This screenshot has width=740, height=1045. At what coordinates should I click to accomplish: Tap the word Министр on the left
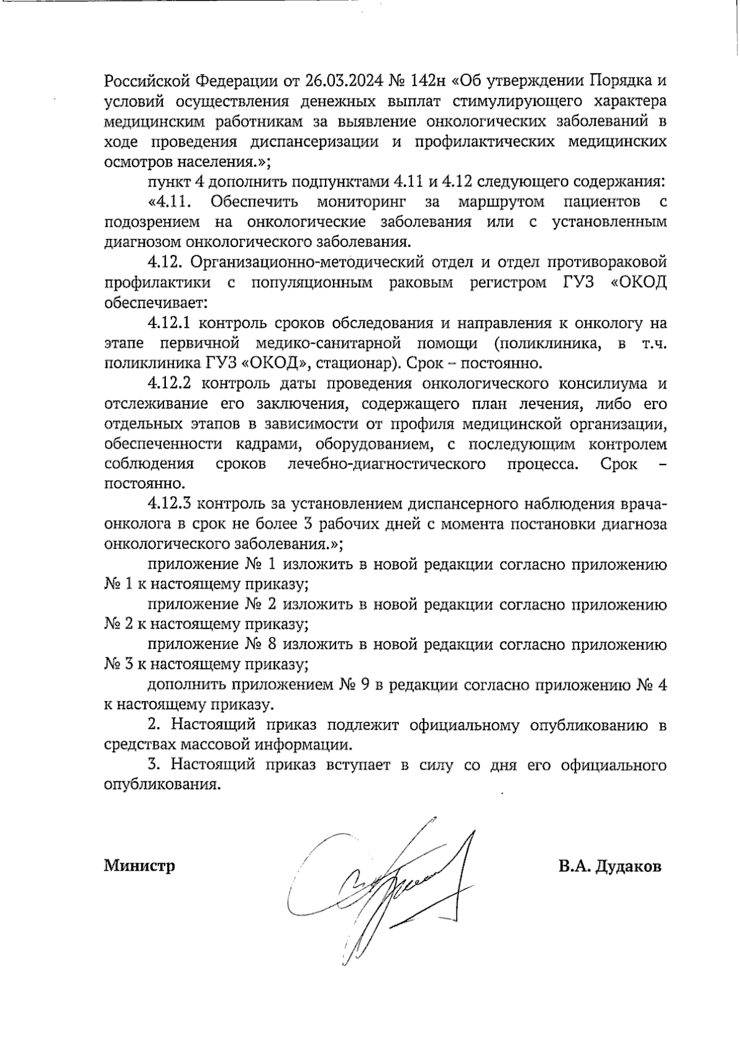pyautogui.click(x=139, y=866)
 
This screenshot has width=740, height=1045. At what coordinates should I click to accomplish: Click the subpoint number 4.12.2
pyautogui.click(x=171, y=383)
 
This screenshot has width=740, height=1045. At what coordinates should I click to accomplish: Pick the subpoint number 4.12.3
pyautogui.click(x=171, y=505)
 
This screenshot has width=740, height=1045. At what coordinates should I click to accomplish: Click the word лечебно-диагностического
pyautogui.click(x=387, y=464)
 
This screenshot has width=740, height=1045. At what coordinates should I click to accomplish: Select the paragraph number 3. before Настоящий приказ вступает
pyautogui.click(x=154, y=765)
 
